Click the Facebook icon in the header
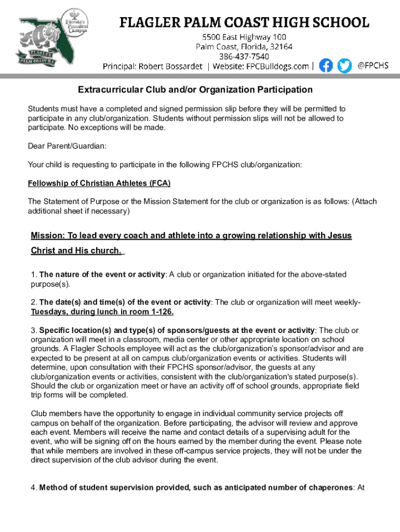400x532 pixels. tap(326, 65)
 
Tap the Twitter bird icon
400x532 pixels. tap(344, 65)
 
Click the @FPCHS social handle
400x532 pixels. tap(373, 65)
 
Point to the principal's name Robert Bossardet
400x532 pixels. tap(169, 66)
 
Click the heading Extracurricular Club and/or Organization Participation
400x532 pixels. tap(195, 90)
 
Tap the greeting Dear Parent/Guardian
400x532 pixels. tap(67, 147)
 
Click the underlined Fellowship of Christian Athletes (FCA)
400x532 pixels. tap(99, 183)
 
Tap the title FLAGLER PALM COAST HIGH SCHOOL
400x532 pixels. tap(244, 22)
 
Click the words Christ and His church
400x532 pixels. tap(76, 251)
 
